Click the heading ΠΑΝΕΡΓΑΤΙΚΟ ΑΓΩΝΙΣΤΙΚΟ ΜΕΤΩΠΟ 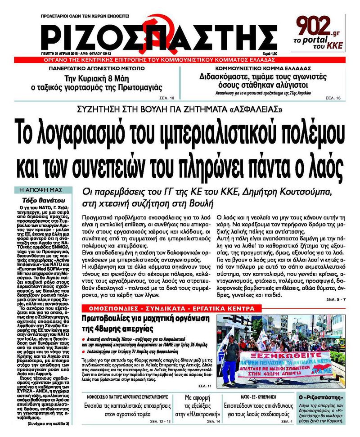tap(104, 68)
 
